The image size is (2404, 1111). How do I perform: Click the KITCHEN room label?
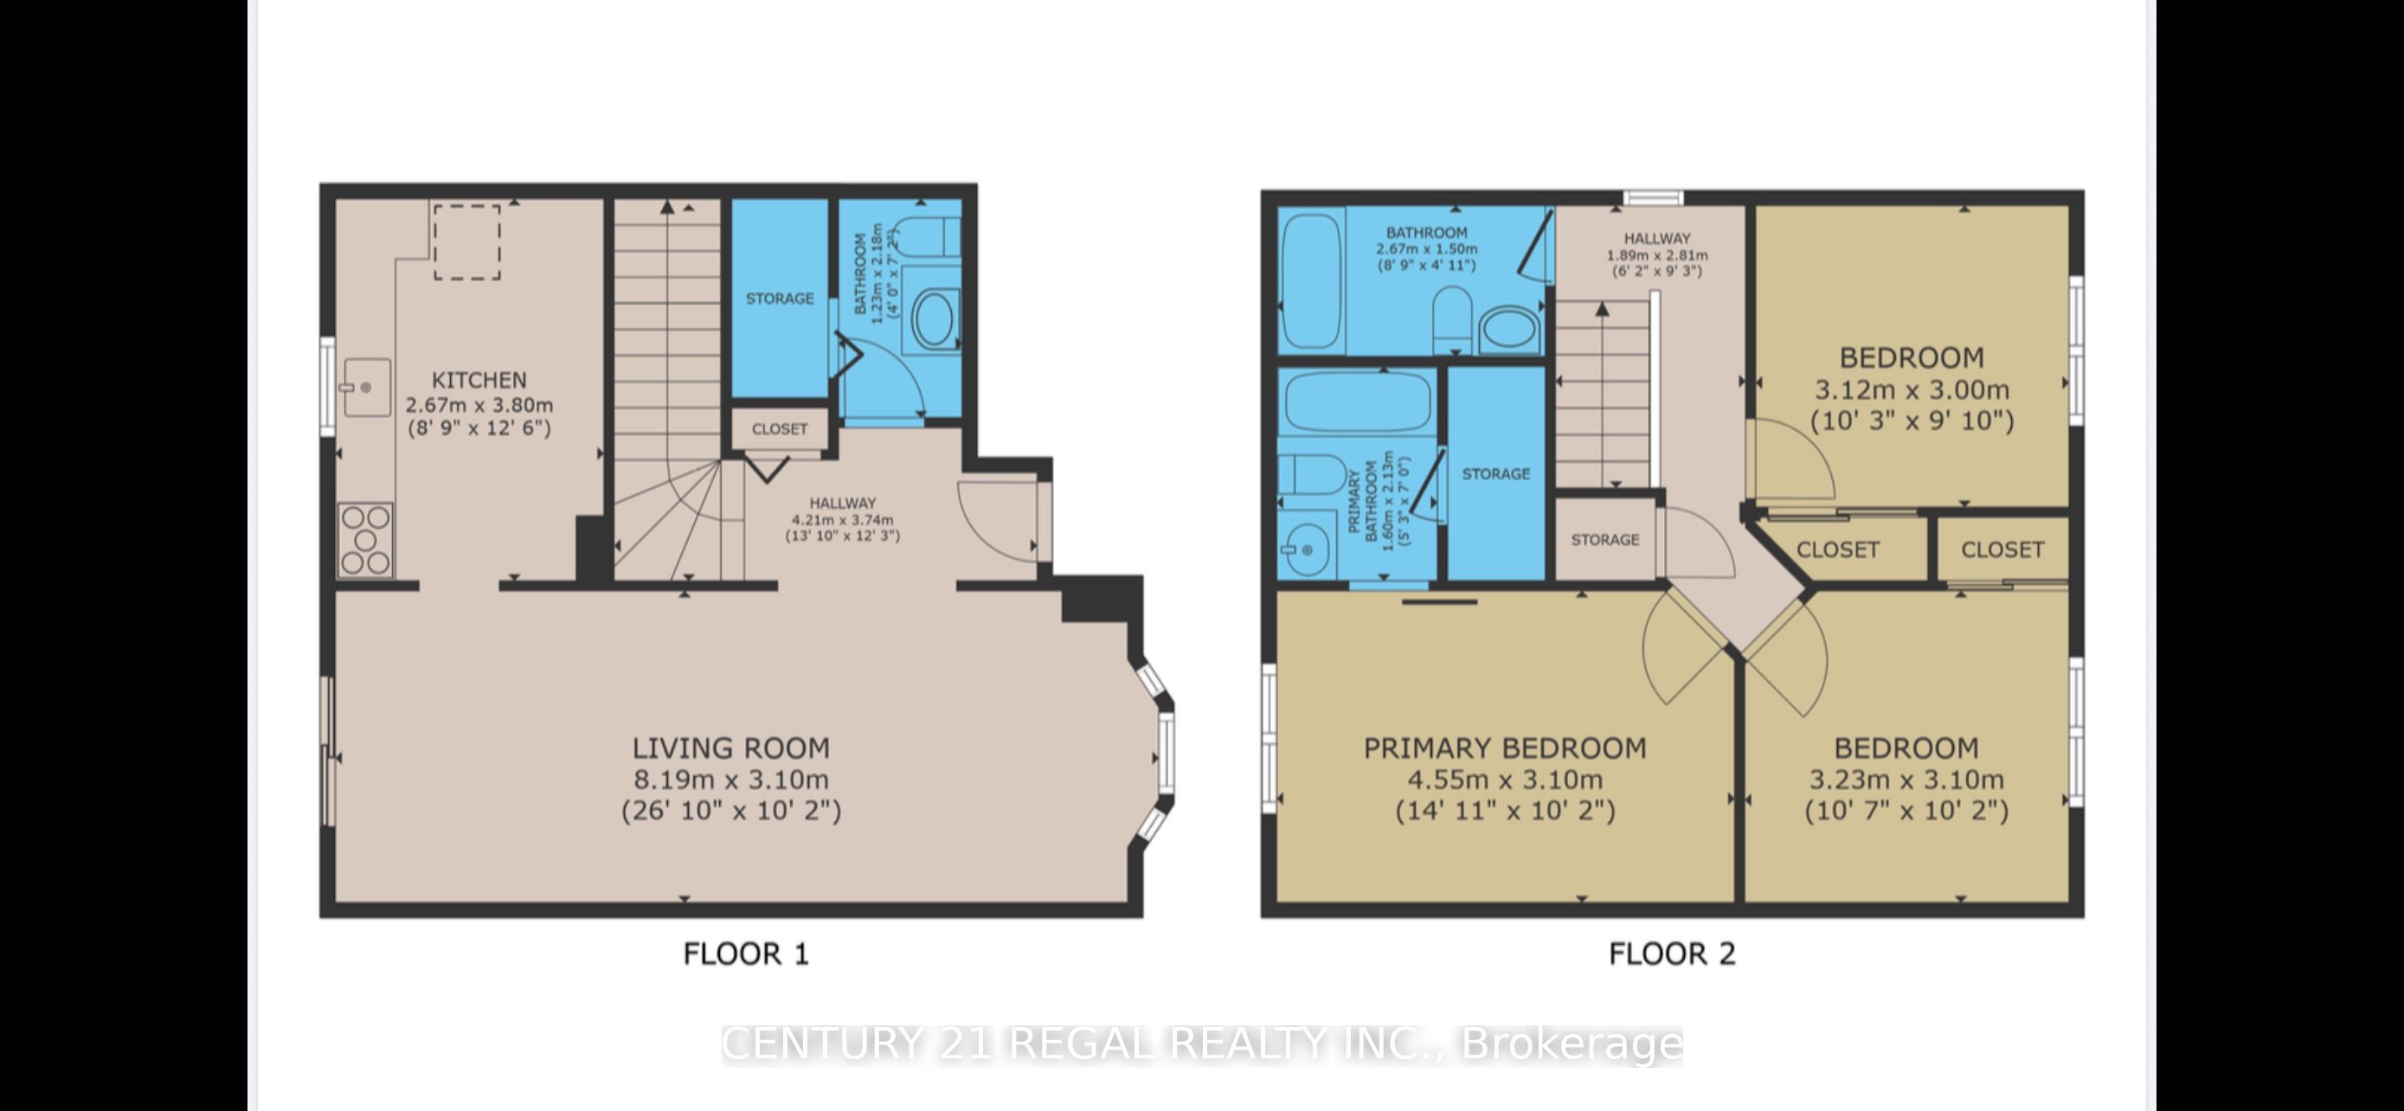point(479,380)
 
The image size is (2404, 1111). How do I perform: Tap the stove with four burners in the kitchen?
point(366,540)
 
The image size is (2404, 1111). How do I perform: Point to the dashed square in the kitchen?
point(466,241)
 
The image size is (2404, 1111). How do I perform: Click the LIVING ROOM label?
point(730,748)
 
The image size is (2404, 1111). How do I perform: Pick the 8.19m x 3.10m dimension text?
point(730,780)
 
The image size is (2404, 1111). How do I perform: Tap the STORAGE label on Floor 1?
point(779,299)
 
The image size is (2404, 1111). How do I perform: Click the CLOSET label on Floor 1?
point(779,429)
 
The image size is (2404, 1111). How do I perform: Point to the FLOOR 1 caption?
point(746,954)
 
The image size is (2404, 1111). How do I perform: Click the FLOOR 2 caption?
point(1671,954)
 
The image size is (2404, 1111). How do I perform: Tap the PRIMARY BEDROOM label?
point(1504,748)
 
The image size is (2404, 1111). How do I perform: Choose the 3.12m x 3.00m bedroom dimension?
point(1912,390)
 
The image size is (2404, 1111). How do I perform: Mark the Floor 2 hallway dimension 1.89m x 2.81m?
point(1656,255)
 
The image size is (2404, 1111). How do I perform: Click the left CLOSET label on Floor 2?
point(1837,549)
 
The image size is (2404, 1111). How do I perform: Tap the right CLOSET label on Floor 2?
point(2002,549)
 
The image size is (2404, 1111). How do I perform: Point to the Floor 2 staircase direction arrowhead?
point(1603,309)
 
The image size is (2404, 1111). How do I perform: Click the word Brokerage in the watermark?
point(1572,1044)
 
